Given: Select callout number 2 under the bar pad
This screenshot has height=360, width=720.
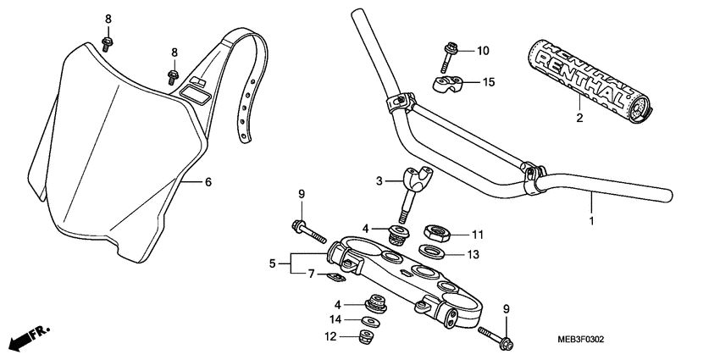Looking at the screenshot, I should [579, 118].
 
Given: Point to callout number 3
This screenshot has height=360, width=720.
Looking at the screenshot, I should [381, 180].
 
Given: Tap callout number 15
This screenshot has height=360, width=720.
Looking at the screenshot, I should [488, 82].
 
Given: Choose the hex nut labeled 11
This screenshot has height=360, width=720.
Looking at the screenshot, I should [437, 230].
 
